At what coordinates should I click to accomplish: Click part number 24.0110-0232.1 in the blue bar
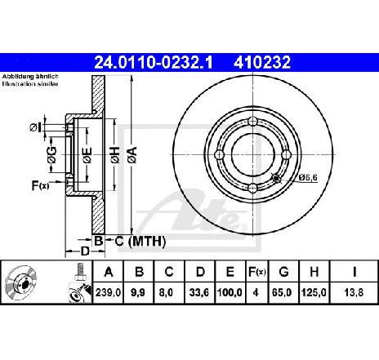tap(153, 62)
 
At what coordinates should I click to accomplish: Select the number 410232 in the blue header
tap(262, 62)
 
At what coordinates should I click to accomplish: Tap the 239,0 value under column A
tap(108, 293)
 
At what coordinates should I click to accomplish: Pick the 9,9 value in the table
tap(138, 293)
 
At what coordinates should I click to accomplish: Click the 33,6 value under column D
tap(199, 293)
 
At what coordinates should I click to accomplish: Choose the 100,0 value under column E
tap(230, 293)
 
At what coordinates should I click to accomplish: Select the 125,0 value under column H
tap(314, 293)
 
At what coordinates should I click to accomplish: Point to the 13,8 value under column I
tap(354, 293)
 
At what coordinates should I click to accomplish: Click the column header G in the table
tap(283, 272)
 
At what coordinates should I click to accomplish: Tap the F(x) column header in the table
tap(256, 272)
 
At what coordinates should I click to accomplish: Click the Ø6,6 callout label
tap(308, 177)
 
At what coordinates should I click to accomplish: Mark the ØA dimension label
tap(132, 155)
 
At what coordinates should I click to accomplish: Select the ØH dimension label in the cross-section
tap(115, 155)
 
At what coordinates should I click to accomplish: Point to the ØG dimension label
tap(51, 155)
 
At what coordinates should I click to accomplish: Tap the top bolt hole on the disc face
tap(253, 121)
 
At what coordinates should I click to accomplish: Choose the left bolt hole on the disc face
tap(220, 155)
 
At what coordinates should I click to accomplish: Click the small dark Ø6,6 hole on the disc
tap(276, 178)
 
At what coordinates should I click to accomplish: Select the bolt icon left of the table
tap(80, 272)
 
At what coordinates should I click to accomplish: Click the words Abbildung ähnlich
tap(30, 77)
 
